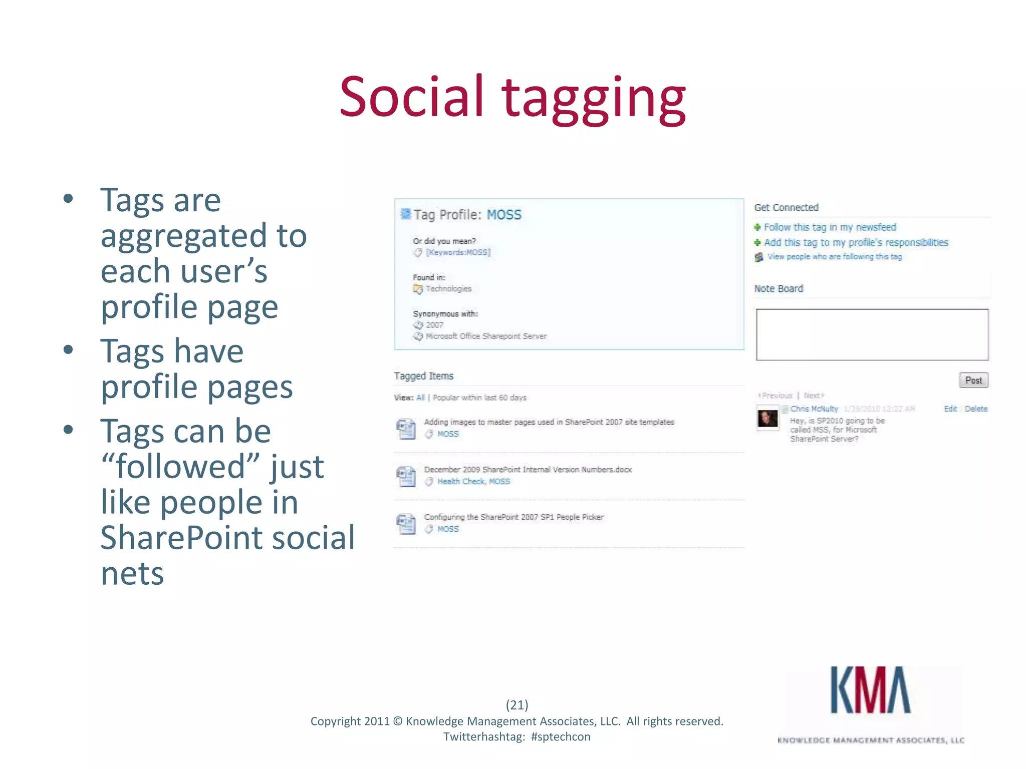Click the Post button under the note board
pyautogui.click(x=973, y=380)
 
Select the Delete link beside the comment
pyautogui.click(x=976, y=409)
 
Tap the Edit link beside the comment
pyautogui.click(x=950, y=409)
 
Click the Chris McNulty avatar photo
pyautogui.click(x=767, y=419)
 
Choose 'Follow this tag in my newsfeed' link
pyautogui.click(x=830, y=227)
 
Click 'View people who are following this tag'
pyautogui.click(x=835, y=257)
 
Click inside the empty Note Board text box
pyautogui.click(x=872, y=334)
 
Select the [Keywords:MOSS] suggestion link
pyautogui.click(x=458, y=252)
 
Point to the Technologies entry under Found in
pyautogui.click(x=448, y=289)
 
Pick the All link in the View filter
pyautogui.click(x=420, y=398)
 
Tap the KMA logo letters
pyautogui.click(x=870, y=691)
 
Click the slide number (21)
pyautogui.click(x=517, y=705)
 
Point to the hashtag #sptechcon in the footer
pyautogui.click(x=561, y=737)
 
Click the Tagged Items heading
pyautogui.click(x=423, y=376)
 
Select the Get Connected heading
pyautogui.click(x=786, y=208)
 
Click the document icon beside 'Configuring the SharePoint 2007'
pyautogui.click(x=406, y=524)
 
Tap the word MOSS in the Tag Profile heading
pyautogui.click(x=504, y=215)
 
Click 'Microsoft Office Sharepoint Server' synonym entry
pyautogui.click(x=486, y=336)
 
